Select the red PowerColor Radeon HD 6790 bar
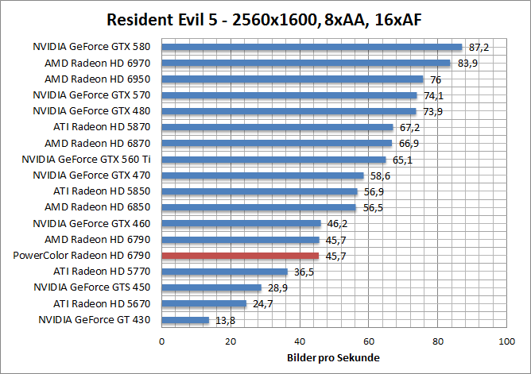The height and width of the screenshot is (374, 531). [x=240, y=256]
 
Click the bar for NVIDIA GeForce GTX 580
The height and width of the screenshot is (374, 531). [x=312, y=47]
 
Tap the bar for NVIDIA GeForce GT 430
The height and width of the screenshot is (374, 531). [x=185, y=320]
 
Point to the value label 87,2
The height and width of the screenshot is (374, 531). [x=479, y=48]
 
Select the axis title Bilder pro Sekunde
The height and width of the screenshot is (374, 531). [x=333, y=358]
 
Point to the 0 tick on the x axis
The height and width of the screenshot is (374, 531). [x=162, y=341]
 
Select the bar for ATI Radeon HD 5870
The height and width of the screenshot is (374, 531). [x=277, y=127]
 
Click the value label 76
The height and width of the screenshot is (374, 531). [x=436, y=79]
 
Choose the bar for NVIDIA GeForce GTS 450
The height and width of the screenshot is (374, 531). [x=211, y=287]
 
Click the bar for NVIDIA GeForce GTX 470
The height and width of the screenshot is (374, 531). [x=262, y=175]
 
